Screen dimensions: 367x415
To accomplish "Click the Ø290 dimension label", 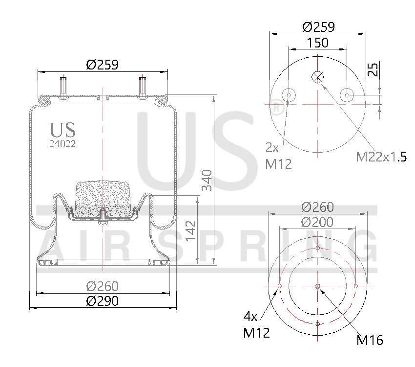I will [x=103, y=301].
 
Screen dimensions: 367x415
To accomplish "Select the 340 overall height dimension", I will [x=207, y=180].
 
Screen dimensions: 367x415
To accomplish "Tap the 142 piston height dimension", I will [x=191, y=230].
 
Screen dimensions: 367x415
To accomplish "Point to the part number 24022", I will [x=62, y=144].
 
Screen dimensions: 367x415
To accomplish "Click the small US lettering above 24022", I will [x=62, y=130].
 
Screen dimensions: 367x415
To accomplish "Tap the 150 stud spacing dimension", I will [x=317, y=43].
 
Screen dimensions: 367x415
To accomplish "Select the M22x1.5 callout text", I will [x=381, y=157].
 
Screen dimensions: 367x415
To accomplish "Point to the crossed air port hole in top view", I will [x=317, y=77].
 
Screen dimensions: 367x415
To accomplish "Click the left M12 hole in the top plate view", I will [x=289, y=95].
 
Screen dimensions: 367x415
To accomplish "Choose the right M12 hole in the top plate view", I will [x=347, y=95].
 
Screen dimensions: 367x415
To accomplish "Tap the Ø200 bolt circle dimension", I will [x=317, y=222].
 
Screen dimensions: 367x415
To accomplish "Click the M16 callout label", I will [x=370, y=340].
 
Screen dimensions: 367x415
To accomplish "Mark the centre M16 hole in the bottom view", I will [x=317, y=286].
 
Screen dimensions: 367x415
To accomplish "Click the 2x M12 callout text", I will [x=278, y=156].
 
